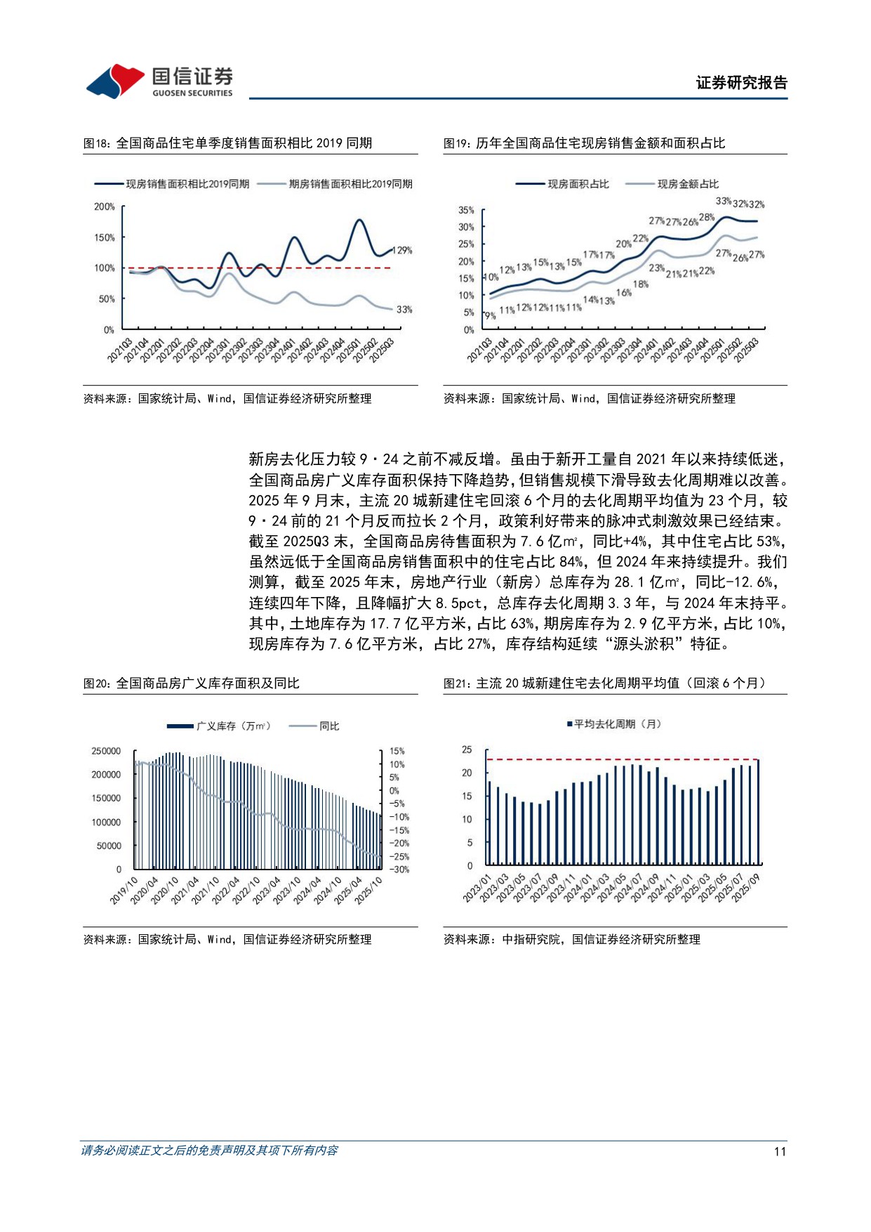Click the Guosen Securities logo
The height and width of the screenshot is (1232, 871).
coord(159,82)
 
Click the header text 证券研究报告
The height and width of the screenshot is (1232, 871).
coord(741,83)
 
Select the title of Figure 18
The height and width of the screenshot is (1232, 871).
coord(227,143)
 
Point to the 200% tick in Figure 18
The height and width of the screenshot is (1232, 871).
coord(104,207)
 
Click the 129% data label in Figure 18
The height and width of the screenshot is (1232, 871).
coord(402,251)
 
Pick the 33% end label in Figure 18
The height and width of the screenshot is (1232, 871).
coord(404,310)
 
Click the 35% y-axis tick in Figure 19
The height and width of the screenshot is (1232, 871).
coord(466,211)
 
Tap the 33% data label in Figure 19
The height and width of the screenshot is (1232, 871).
coord(723,202)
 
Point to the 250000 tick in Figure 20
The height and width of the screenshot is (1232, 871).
coord(106,752)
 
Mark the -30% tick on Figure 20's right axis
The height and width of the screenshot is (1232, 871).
coord(399,870)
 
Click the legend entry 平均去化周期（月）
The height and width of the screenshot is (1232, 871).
coord(616,724)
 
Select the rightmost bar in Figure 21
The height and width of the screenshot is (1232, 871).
coord(758,811)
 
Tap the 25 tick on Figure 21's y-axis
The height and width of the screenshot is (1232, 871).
coord(467,750)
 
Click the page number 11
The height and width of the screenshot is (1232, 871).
coord(780,1151)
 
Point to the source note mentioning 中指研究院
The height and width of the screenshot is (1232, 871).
coord(571,940)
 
